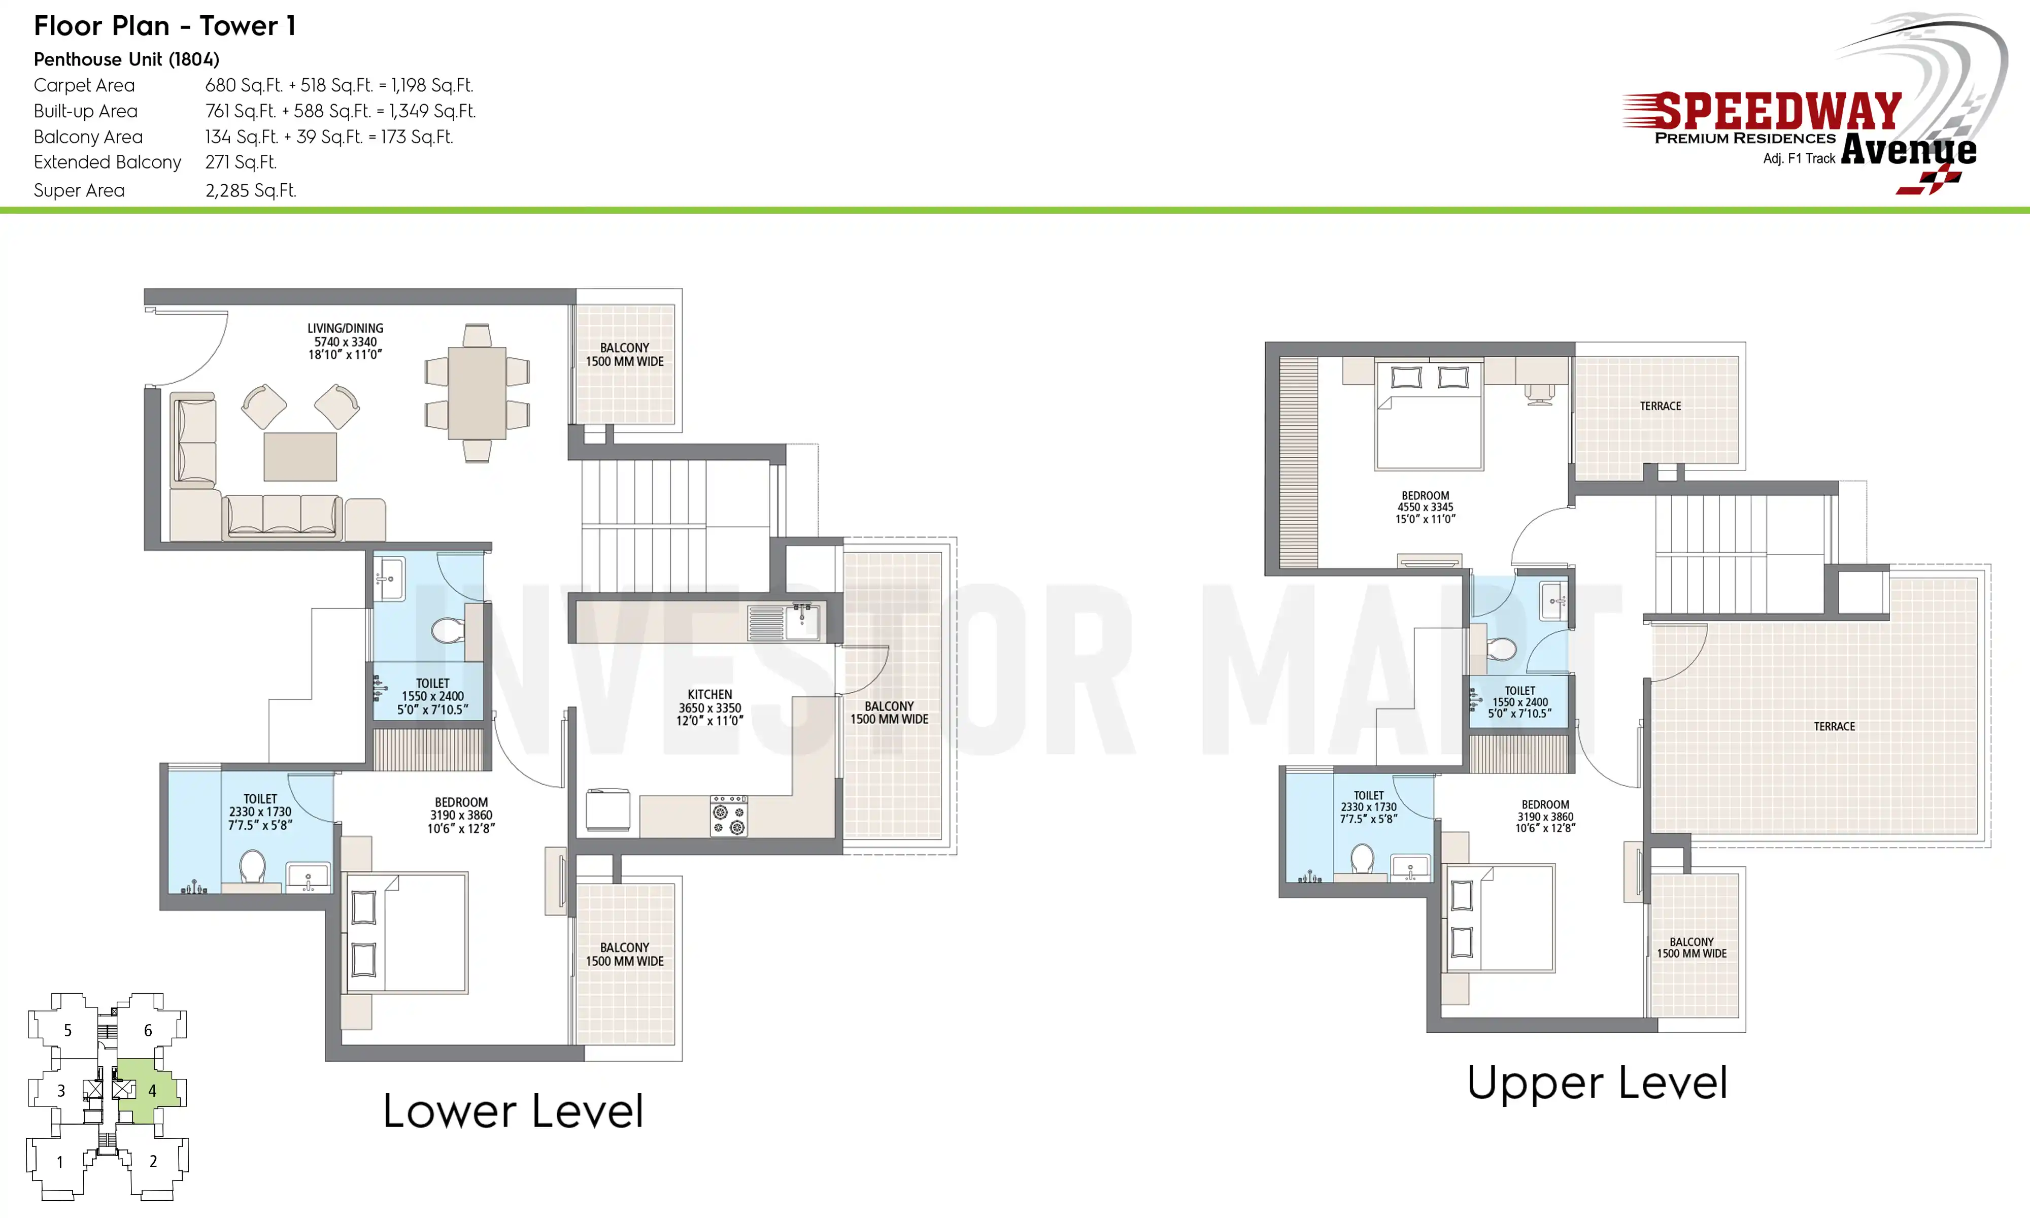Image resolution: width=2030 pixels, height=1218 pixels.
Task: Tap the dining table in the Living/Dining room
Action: click(x=477, y=393)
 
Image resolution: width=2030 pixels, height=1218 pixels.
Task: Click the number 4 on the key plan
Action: click(x=152, y=1091)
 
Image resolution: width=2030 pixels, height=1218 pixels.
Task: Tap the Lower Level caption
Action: click(x=513, y=1111)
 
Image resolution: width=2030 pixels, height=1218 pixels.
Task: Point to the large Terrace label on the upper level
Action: click(x=1834, y=726)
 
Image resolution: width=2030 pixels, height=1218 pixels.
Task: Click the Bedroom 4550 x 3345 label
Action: click(x=1425, y=507)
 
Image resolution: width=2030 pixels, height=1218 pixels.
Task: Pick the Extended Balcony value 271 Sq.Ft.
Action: click(x=241, y=162)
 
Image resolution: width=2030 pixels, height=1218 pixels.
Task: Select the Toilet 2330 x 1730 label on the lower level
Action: click(x=260, y=811)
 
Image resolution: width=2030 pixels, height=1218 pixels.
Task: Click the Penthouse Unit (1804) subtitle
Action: click(x=126, y=59)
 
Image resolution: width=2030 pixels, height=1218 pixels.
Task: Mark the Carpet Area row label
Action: click(x=85, y=85)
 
